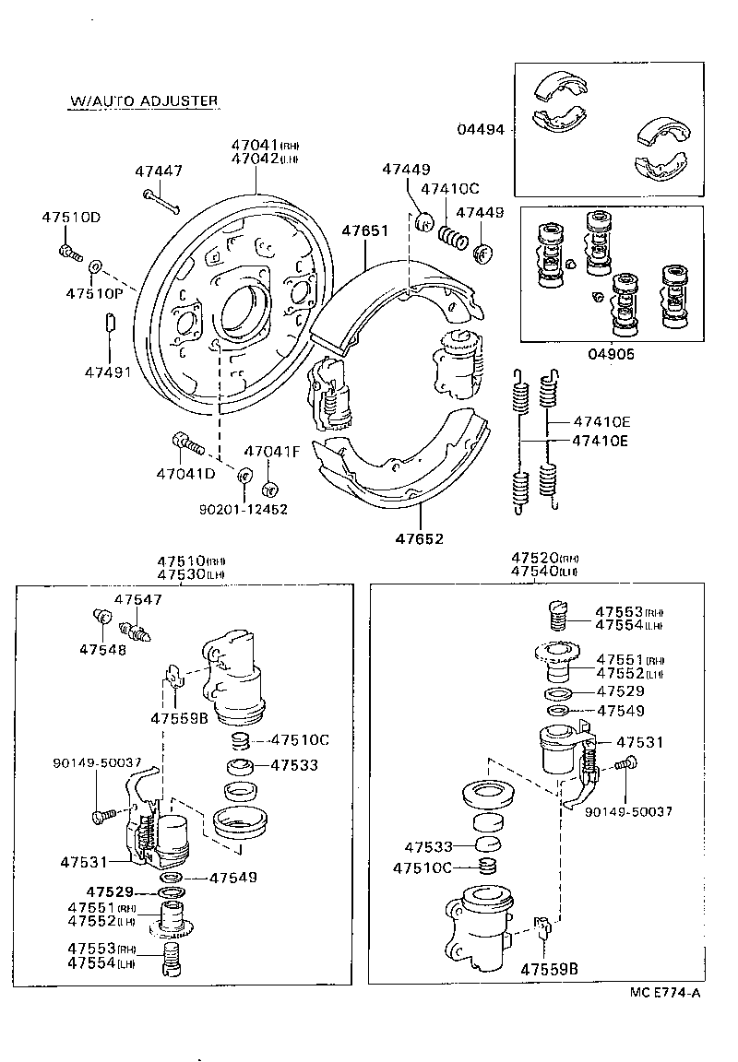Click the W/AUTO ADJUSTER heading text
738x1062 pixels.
click(x=143, y=100)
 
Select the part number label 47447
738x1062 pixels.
click(x=159, y=171)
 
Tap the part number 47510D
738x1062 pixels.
click(x=71, y=218)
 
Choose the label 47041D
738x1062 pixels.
click(x=184, y=473)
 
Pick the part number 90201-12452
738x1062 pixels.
click(x=243, y=508)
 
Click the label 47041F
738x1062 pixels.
click(x=272, y=452)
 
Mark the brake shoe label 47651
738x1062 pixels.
click(x=365, y=231)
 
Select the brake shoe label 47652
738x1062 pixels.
click(x=420, y=538)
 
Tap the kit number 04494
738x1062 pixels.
click(x=481, y=129)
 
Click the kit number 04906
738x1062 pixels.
click(x=612, y=353)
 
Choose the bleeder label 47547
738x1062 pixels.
click(x=137, y=599)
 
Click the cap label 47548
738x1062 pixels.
click(x=101, y=649)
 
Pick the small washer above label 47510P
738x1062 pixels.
click(x=94, y=267)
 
